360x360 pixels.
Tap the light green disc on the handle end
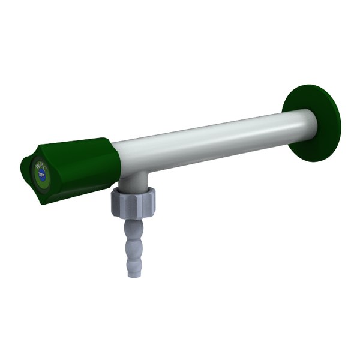coord(40,172)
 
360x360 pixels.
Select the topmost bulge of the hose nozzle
coord(134,226)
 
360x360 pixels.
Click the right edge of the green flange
coord(339,123)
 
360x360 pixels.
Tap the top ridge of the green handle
coord(72,143)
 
